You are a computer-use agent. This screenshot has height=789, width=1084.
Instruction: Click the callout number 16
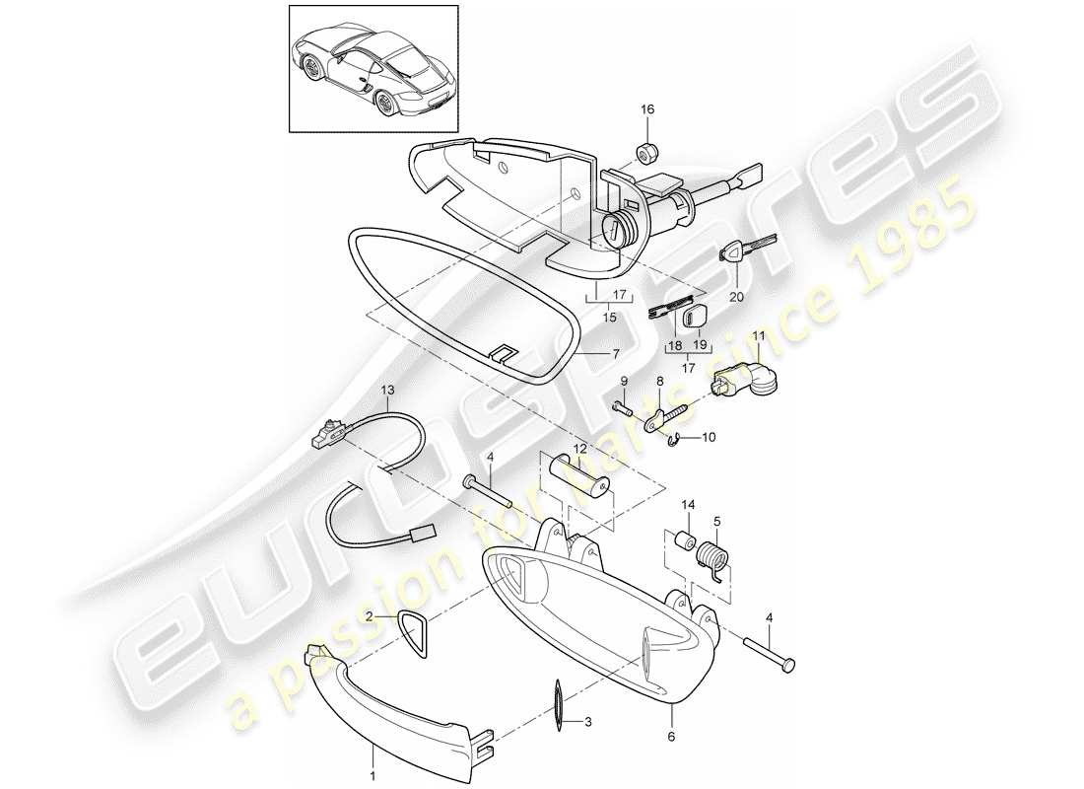click(x=648, y=109)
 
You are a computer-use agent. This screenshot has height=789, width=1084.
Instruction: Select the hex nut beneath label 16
click(x=646, y=152)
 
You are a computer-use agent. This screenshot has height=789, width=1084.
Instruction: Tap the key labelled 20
click(x=748, y=250)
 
